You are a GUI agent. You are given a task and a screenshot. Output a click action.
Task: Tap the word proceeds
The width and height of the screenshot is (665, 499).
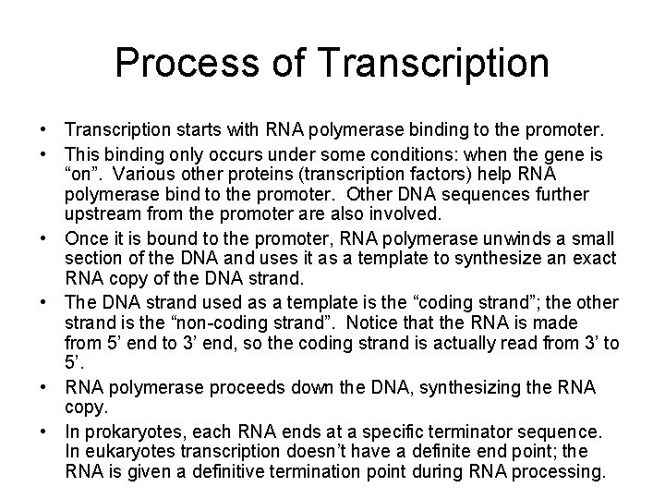227,387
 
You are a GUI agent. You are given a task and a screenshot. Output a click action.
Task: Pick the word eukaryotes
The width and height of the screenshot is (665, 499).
128,451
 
